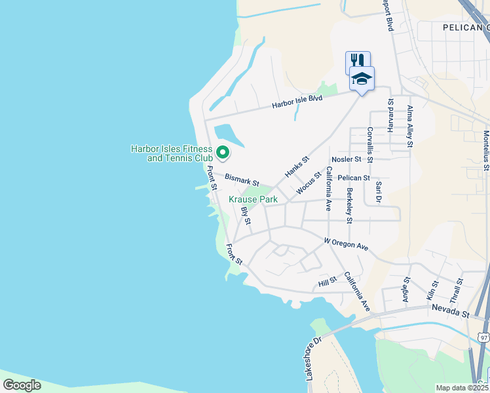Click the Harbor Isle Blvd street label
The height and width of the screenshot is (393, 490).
[298, 102]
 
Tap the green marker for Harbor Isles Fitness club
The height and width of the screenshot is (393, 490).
[223, 153]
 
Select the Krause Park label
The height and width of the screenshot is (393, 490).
[253, 199]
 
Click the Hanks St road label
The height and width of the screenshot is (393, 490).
[296, 166]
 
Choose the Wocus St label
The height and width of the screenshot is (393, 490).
[308, 183]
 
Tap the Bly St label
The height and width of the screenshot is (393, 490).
[246, 215]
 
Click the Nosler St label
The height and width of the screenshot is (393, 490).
[347, 159]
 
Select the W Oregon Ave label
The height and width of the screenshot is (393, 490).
[347, 244]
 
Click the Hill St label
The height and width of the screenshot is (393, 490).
[327, 281]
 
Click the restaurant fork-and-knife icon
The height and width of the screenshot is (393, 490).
[358, 61]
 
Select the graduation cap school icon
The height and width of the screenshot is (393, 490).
[362, 79]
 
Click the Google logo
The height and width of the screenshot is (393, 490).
[22, 385]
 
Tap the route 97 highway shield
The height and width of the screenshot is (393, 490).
[483, 337]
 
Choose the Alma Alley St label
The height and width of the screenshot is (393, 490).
[411, 127]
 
